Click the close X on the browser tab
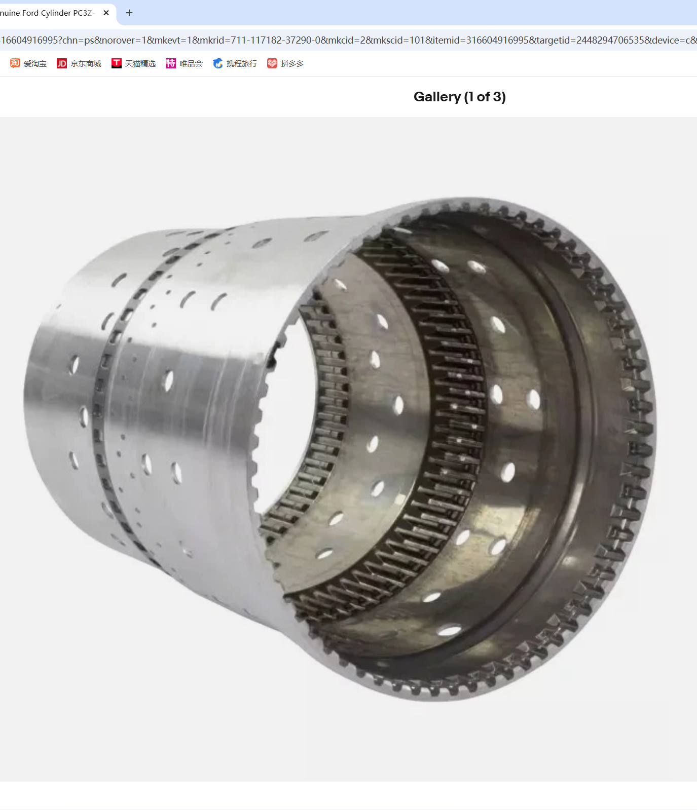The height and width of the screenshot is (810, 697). [106, 13]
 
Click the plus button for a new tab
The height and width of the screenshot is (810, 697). [129, 13]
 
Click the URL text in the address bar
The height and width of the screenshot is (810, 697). [348, 40]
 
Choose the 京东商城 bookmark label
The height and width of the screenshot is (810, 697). [86, 63]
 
